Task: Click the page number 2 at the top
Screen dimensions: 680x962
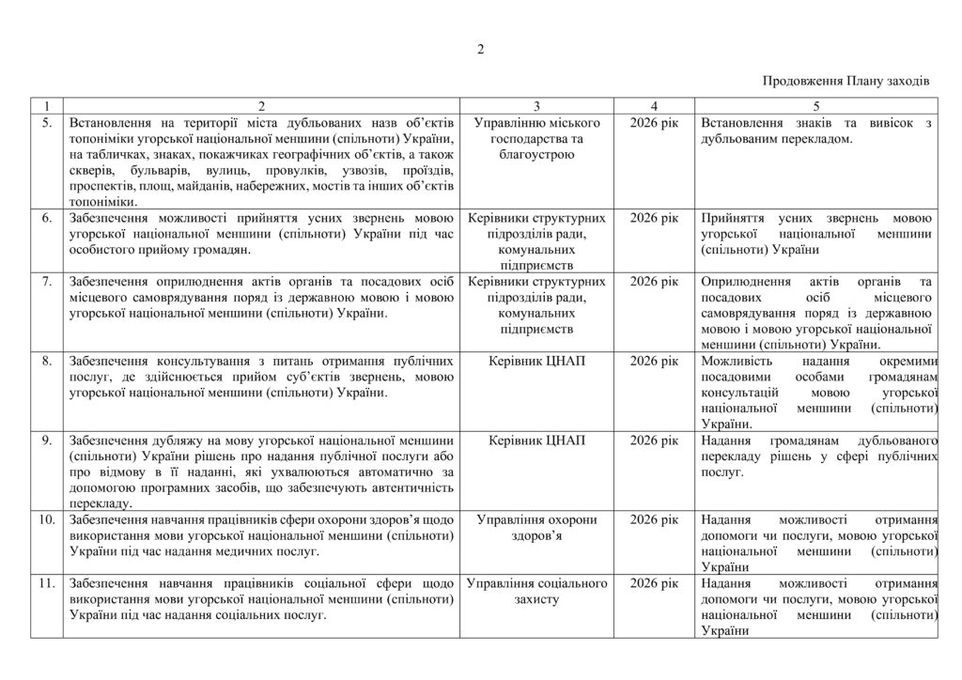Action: [x=480, y=50]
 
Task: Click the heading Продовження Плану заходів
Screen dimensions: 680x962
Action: [x=846, y=82]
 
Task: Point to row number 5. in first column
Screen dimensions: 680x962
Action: [x=46, y=123]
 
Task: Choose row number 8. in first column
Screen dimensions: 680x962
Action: [x=46, y=361]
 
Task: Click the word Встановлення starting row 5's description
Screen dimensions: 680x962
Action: [x=113, y=123]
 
